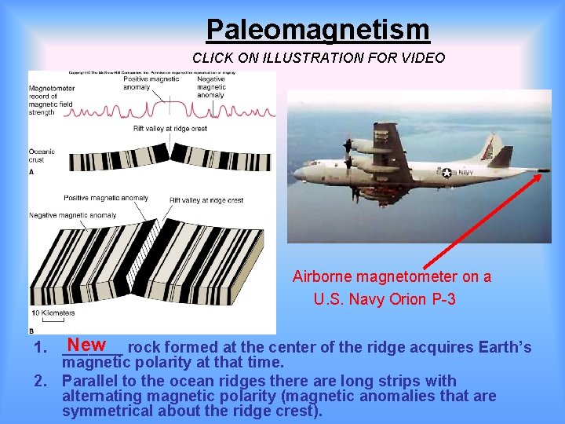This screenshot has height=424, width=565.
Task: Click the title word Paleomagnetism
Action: coord(318,29)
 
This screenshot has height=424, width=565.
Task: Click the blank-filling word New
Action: coord(86,345)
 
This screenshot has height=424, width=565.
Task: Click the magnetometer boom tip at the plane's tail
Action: coord(543,170)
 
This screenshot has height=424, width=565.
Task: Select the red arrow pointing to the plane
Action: coord(482,221)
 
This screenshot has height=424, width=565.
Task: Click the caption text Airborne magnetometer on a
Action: coord(392,276)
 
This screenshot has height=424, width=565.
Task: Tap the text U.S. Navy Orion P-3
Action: coord(385,299)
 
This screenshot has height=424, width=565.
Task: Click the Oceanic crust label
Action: coord(42,155)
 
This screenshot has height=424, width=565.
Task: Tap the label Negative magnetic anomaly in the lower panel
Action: coord(72,215)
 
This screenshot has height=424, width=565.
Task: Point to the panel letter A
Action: coord(31,172)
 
